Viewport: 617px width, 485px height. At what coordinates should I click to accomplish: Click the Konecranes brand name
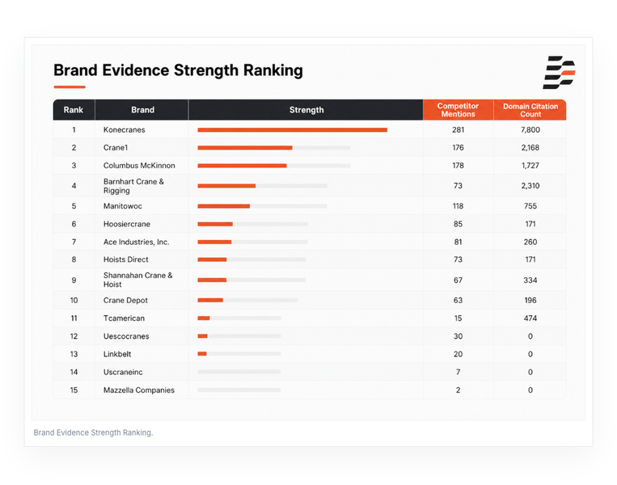tap(124, 130)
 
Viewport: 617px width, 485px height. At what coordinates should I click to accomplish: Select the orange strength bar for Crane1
tap(245, 148)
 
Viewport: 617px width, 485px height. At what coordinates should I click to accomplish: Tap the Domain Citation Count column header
tap(530, 110)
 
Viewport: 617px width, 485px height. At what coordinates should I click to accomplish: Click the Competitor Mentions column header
tap(458, 110)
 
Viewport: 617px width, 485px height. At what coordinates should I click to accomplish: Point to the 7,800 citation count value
tap(530, 130)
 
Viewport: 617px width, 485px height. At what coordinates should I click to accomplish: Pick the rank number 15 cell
tap(74, 390)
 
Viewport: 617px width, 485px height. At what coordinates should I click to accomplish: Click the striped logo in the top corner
tap(559, 73)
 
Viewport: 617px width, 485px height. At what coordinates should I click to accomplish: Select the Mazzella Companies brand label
tap(139, 390)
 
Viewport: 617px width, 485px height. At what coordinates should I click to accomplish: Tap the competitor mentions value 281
tap(458, 130)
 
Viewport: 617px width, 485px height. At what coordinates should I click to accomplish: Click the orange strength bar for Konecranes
tap(293, 130)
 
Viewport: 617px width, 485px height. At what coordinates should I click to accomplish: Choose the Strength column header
tap(306, 110)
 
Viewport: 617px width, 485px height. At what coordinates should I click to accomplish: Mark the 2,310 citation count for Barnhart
tap(530, 186)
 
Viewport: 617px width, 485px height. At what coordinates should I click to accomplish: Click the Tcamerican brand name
tap(124, 318)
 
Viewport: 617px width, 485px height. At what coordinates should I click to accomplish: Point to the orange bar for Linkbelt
tap(202, 354)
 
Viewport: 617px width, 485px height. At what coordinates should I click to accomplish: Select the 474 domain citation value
tap(530, 318)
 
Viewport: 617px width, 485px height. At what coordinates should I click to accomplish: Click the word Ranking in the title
tap(273, 71)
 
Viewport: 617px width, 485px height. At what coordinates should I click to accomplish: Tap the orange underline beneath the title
tap(70, 87)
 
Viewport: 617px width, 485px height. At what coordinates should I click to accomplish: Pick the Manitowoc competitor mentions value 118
tap(458, 206)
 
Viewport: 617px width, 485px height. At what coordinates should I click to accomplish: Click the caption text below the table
tap(93, 432)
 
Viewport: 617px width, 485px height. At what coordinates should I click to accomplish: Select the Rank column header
tap(74, 110)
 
